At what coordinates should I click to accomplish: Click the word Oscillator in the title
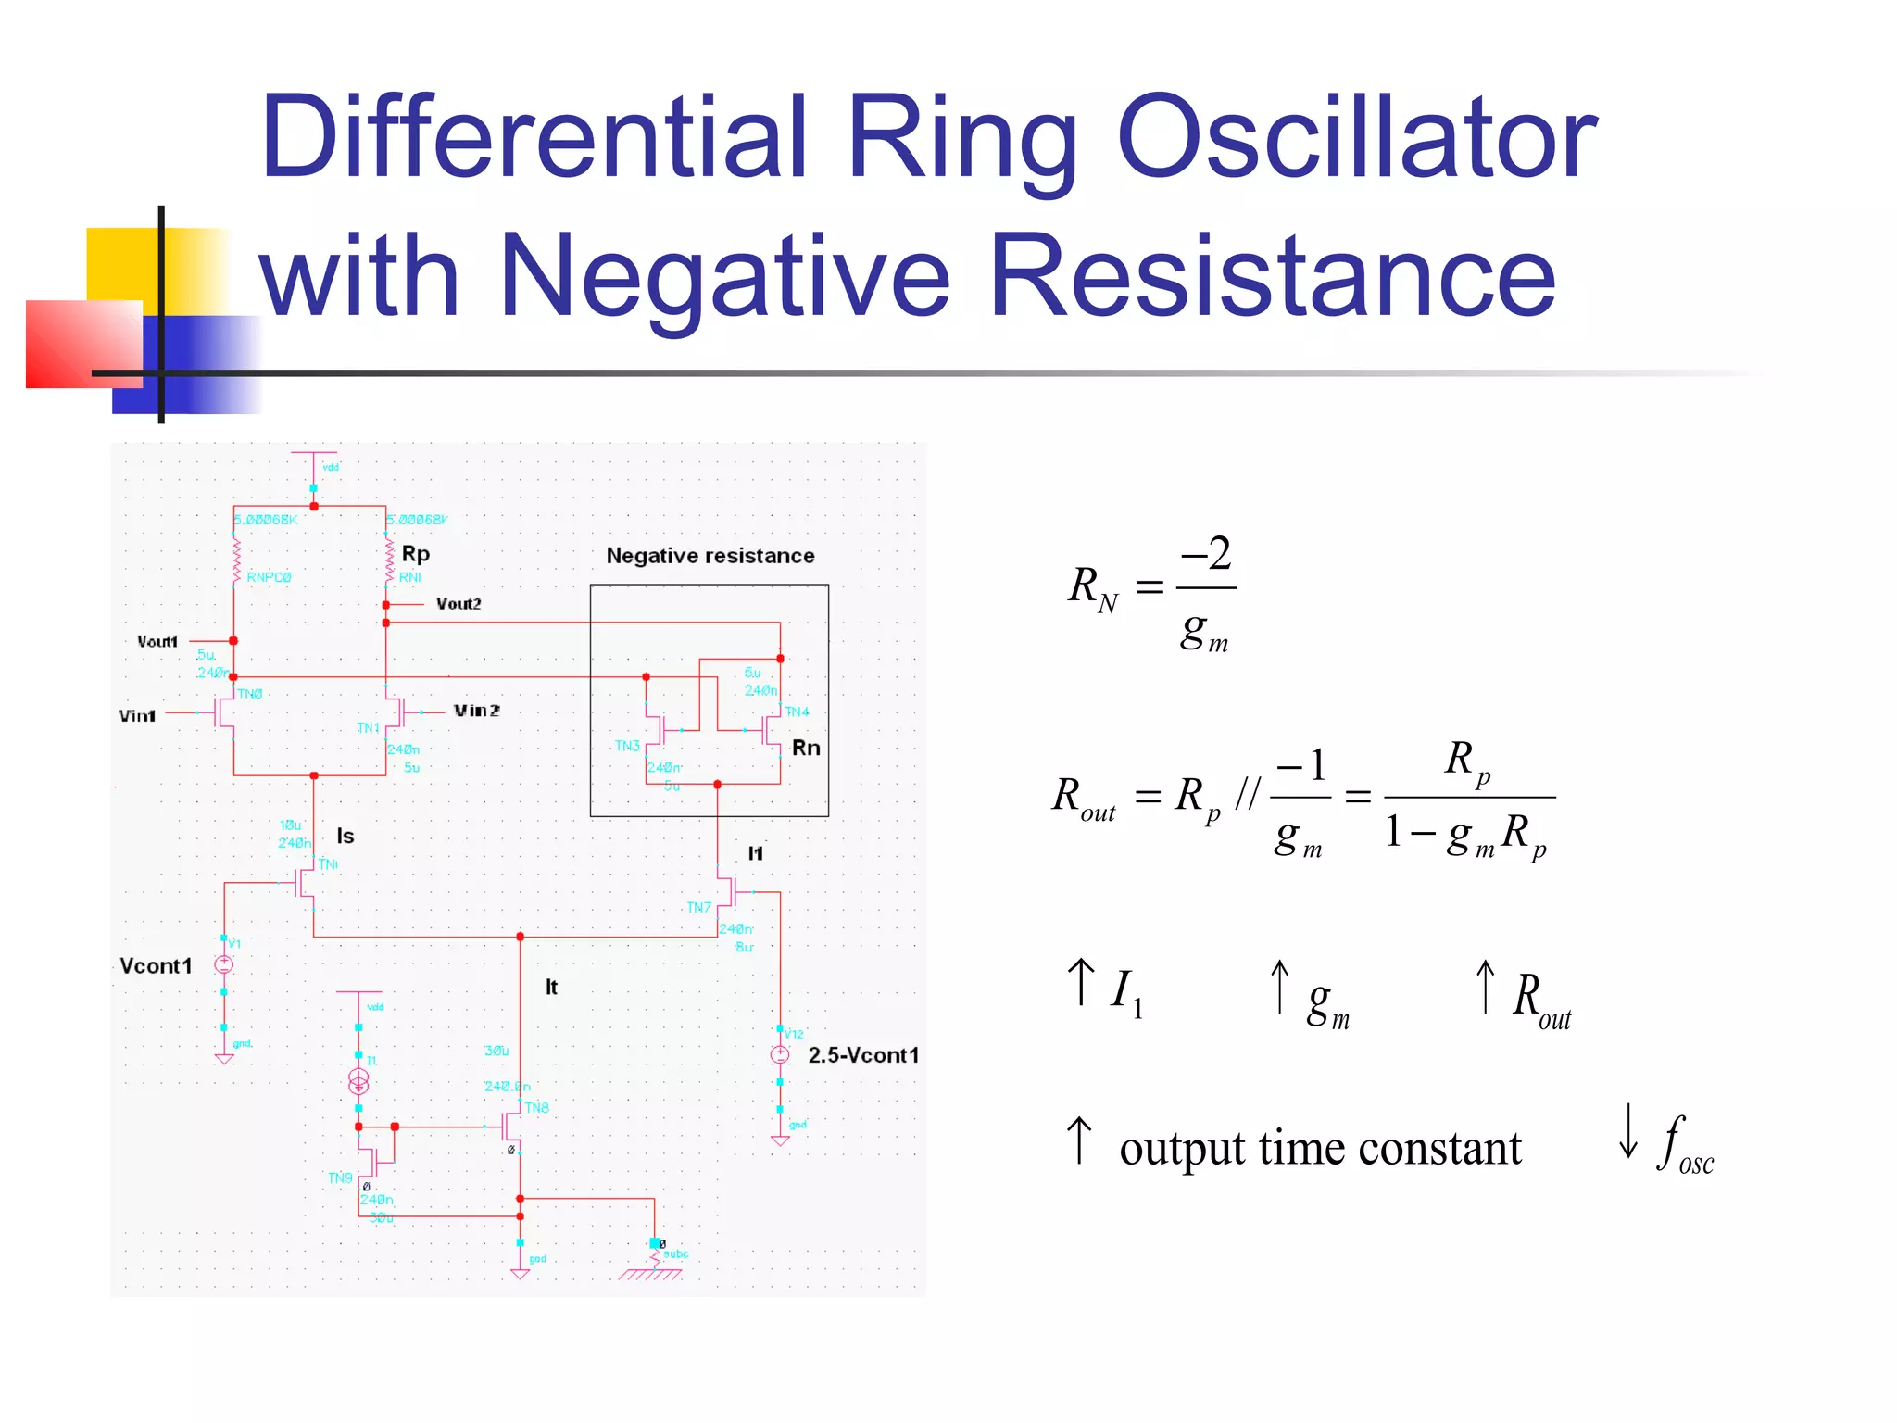[x=1357, y=139]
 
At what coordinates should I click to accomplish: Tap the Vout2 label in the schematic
[x=459, y=604]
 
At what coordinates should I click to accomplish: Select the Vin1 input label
[x=137, y=716]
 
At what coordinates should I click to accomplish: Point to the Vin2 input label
[x=476, y=711]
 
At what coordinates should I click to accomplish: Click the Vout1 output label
[x=157, y=641]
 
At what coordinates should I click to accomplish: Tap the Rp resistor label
[x=416, y=554]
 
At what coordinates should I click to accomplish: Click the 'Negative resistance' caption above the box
[x=710, y=556]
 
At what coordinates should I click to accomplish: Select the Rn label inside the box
[x=806, y=748]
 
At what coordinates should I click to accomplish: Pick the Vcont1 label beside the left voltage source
[x=156, y=966]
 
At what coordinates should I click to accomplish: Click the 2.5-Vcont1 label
[x=863, y=1055]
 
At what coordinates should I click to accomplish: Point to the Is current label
[x=345, y=836]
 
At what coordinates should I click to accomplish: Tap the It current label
[x=551, y=988]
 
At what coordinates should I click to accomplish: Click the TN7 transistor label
[x=698, y=908]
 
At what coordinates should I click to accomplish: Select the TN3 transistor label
[x=627, y=746]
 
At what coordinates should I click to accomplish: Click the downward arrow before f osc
[x=1627, y=1131]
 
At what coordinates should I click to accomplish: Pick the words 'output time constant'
[x=1320, y=1149]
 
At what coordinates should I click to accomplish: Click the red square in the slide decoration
[x=83, y=344]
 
